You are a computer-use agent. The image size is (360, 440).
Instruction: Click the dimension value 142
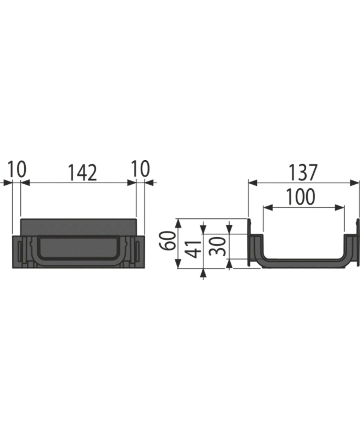coord(82,173)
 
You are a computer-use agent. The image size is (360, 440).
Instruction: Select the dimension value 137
coord(303,173)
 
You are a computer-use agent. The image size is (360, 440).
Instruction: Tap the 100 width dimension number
coord(300,197)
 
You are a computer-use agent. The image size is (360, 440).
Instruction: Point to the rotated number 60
coord(168,240)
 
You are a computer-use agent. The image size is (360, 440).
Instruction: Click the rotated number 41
coord(194,249)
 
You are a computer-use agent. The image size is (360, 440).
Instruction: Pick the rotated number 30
coord(218,246)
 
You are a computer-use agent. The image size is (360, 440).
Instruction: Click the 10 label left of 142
coord(17,169)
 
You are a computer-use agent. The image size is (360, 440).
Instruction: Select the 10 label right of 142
coord(141,169)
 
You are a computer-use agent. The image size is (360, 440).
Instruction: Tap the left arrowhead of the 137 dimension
coord(253,183)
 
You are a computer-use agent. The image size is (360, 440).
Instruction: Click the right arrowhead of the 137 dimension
coord(355,183)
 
